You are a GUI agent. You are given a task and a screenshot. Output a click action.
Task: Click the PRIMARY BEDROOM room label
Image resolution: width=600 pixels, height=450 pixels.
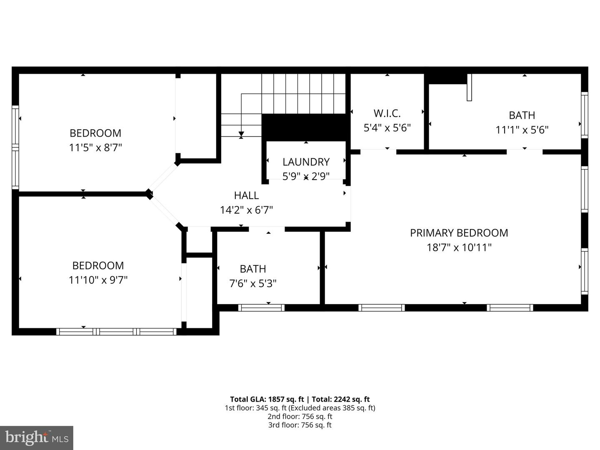[x=459, y=233]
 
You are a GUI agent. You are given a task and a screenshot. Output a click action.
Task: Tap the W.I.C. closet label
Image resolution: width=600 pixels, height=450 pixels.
[x=387, y=113]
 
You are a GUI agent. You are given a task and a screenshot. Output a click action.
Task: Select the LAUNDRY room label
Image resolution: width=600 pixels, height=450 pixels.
[x=306, y=162]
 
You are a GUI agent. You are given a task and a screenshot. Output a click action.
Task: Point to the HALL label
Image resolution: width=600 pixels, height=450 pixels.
[x=246, y=195]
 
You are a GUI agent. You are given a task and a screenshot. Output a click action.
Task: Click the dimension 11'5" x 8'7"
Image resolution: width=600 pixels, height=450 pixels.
[x=95, y=147]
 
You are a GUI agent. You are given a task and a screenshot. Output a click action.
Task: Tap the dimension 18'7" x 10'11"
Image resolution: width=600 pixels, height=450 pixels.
[x=459, y=247]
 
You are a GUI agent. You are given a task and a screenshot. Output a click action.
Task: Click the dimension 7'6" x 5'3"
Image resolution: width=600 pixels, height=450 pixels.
[x=253, y=284]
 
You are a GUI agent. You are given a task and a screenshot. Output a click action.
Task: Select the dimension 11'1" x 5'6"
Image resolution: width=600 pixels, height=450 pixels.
[x=522, y=130]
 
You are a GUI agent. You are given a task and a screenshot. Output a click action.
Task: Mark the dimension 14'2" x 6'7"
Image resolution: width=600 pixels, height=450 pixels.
[x=246, y=210]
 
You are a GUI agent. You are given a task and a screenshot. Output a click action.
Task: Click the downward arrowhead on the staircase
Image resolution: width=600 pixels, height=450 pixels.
[x=241, y=134]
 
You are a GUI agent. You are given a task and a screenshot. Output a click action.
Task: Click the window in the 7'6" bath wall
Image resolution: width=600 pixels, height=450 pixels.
[x=261, y=308]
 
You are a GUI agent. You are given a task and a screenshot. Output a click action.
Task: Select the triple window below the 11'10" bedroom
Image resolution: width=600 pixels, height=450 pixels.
[x=117, y=332]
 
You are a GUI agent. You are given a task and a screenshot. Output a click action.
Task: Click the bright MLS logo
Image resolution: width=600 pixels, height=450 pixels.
[x=37, y=437]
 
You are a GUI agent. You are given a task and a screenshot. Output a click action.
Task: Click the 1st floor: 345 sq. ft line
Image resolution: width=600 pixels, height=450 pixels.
[x=300, y=408]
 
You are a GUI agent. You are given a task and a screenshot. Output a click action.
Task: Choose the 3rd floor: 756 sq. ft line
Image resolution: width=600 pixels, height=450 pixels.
[x=300, y=425]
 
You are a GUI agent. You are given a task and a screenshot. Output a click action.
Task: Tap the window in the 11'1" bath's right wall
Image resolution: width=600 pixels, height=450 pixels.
[x=584, y=115]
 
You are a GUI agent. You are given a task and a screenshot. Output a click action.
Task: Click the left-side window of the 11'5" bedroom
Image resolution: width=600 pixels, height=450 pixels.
[x=15, y=147]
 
